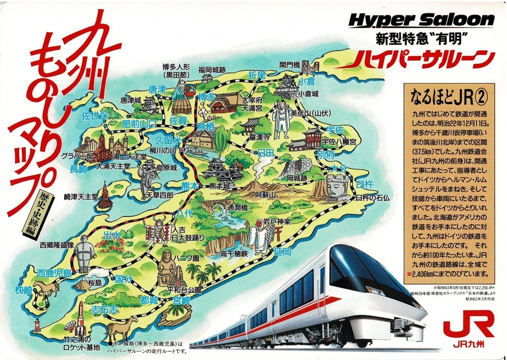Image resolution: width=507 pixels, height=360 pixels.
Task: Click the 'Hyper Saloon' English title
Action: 422,21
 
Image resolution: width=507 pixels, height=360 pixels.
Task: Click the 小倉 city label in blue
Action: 306,81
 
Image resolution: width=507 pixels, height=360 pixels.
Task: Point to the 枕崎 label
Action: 24,290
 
